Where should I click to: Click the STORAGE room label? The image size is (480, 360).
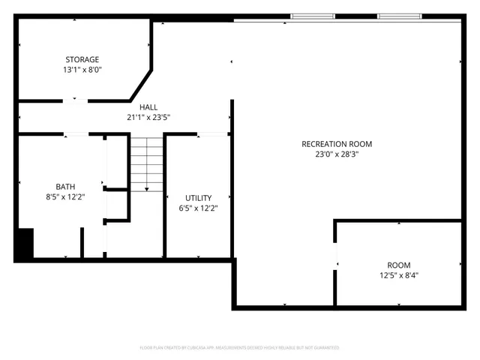[82, 59]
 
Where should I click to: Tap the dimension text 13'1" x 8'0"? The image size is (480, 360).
[82, 70]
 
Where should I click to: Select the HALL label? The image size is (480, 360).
[148, 107]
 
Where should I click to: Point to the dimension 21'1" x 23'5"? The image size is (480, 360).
[148, 117]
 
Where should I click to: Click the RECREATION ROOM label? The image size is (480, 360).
[337, 144]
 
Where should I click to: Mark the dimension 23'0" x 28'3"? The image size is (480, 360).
[337, 154]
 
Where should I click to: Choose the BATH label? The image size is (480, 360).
[65, 187]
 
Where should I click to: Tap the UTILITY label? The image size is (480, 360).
[198, 198]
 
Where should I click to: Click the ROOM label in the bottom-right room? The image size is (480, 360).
[398, 265]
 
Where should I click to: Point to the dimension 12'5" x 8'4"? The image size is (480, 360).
[398, 275]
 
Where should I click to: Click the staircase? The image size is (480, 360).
[147, 163]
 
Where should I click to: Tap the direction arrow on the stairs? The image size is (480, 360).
[147, 187]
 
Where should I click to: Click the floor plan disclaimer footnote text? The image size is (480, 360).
[239, 348]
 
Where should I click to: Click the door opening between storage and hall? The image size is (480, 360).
[74, 100]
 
